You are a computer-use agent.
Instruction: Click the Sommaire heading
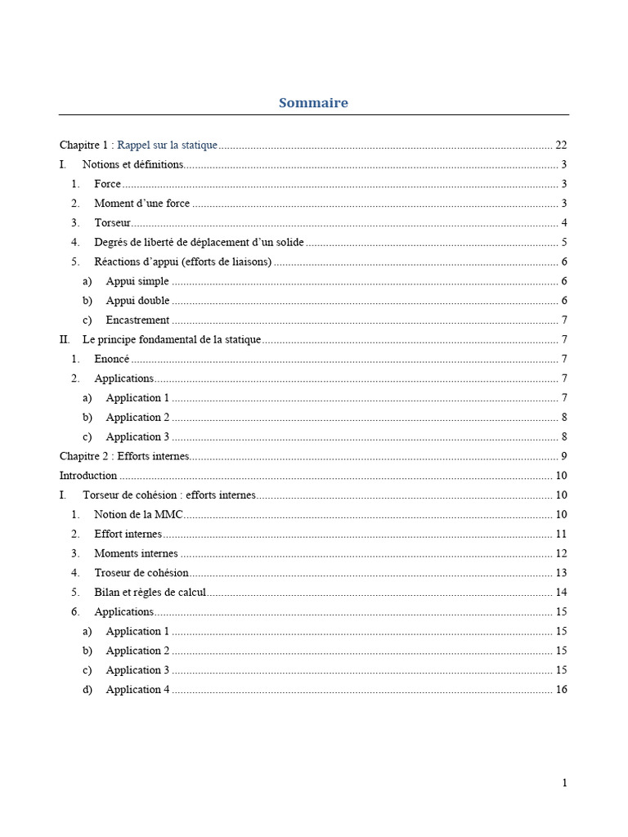coord(313,103)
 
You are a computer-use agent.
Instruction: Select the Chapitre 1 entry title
coord(138,145)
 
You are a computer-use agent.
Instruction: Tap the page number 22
coord(561,145)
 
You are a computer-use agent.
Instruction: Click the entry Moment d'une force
coord(141,204)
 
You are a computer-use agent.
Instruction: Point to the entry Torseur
coord(112,223)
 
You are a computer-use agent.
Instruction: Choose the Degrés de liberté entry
coord(199,243)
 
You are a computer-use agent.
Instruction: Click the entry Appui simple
coord(137,281)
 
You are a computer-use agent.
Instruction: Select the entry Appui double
coord(137,301)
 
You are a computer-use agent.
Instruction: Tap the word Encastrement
coord(137,320)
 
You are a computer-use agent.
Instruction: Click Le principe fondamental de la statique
coord(172,340)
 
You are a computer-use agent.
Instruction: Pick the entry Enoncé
coord(112,359)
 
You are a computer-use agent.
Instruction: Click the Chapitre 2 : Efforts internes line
coord(124,456)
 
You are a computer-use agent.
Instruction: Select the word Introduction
coord(88,476)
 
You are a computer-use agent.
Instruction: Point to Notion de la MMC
coord(138,515)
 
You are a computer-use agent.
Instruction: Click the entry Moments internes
coord(136,553)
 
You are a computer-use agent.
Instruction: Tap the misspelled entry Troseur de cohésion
coord(141,573)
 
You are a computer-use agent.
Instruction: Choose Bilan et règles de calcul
coord(150,593)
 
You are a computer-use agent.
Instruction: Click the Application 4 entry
coord(137,690)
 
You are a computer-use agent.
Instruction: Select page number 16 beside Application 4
coord(561,690)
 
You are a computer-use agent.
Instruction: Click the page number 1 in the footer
coord(564,783)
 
